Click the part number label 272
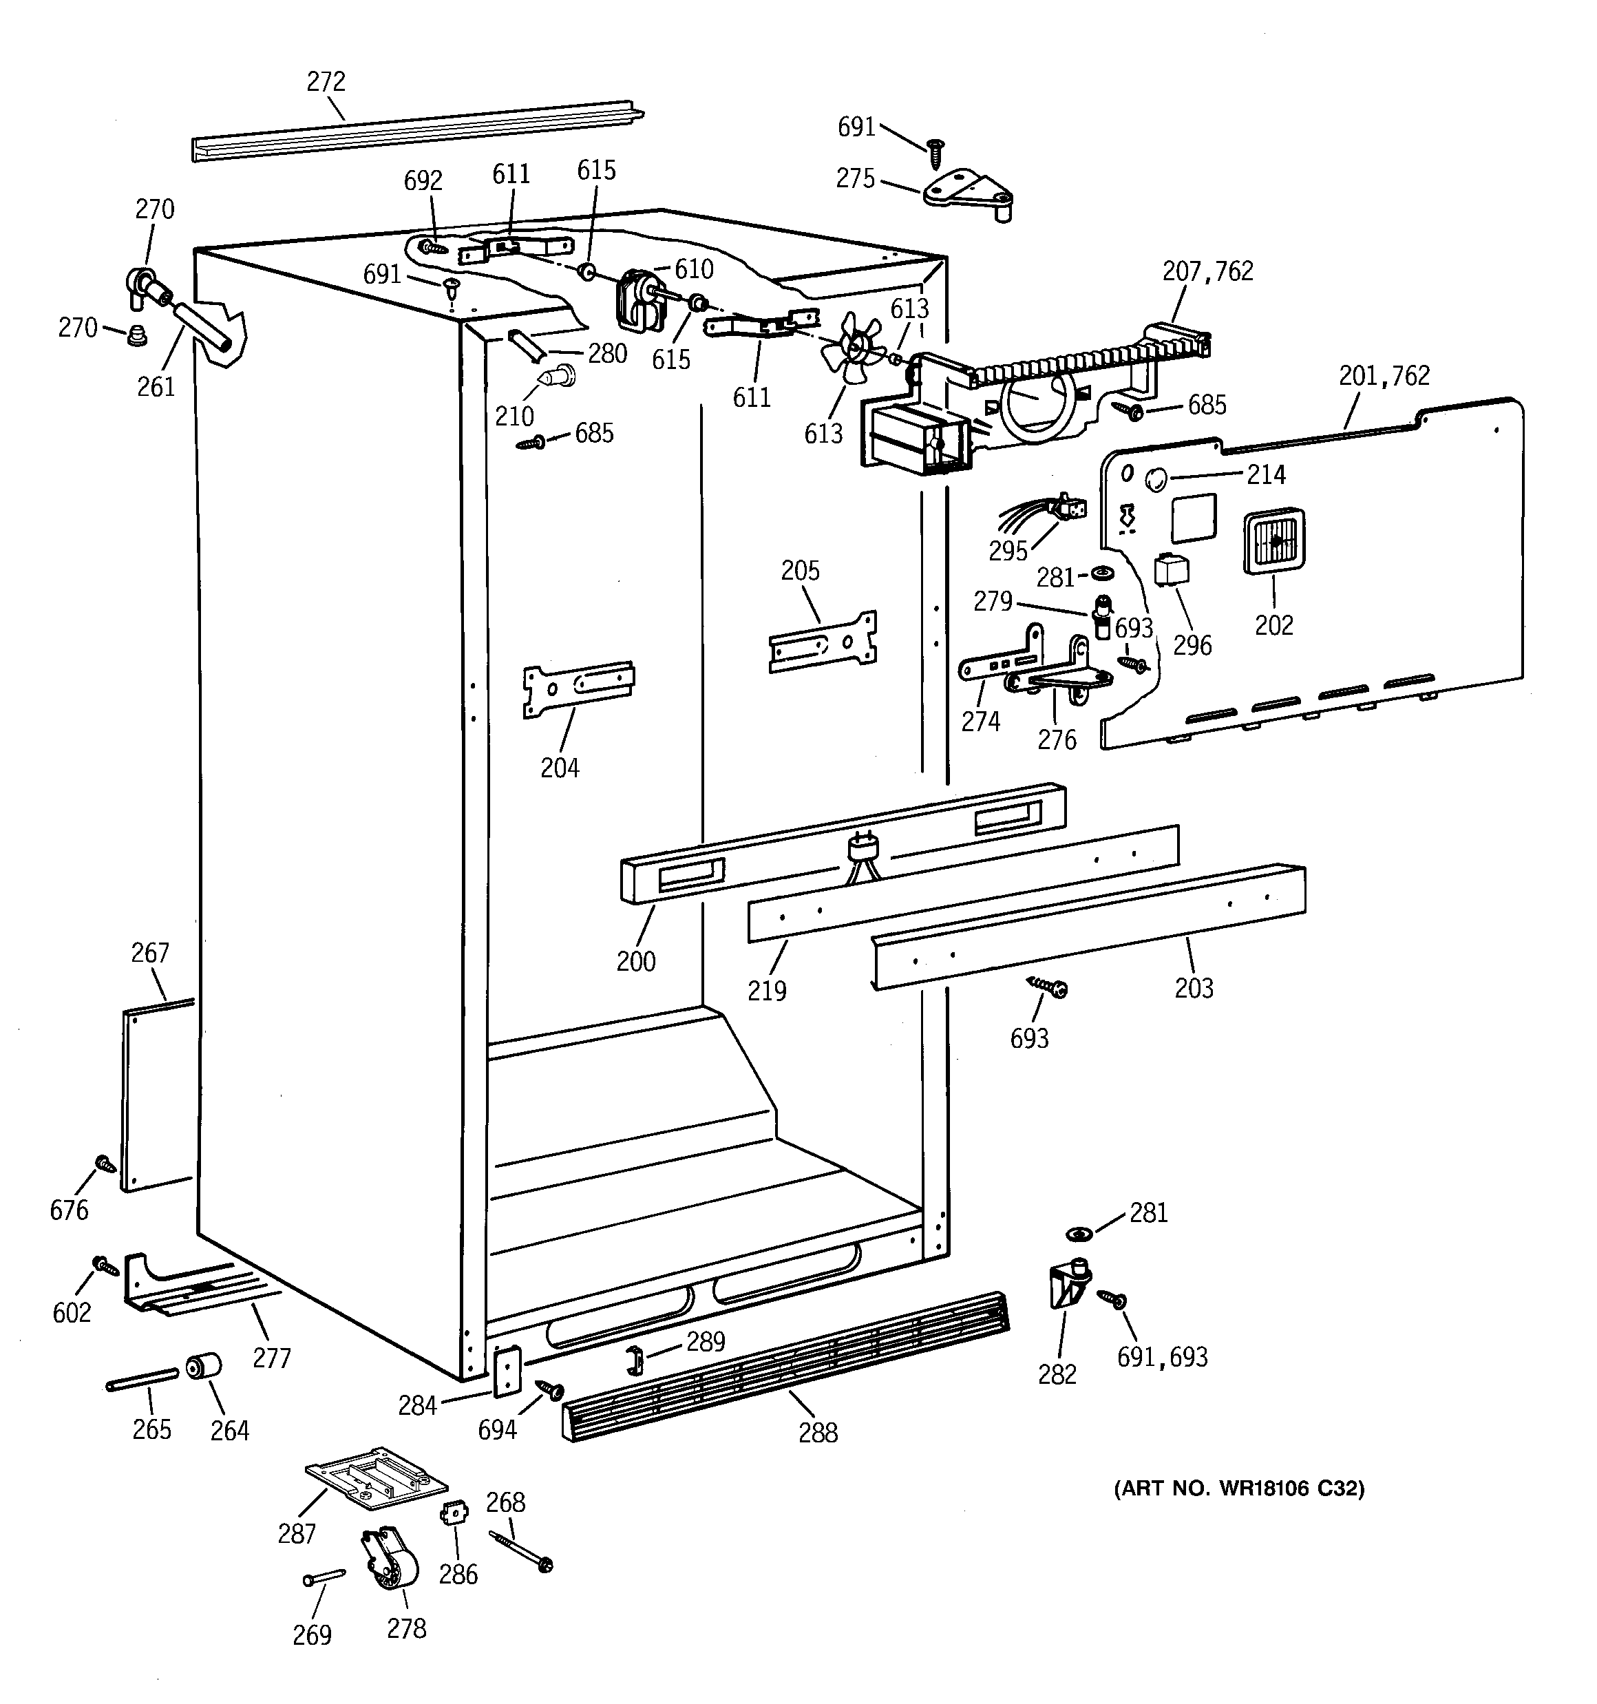coord(326,81)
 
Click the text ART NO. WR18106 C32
coord(1238,1488)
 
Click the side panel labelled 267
coord(157,1097)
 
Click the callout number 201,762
coord(1384,375)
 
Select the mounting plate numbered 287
coord(377,1476)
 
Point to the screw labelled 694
coord(549,1390)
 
